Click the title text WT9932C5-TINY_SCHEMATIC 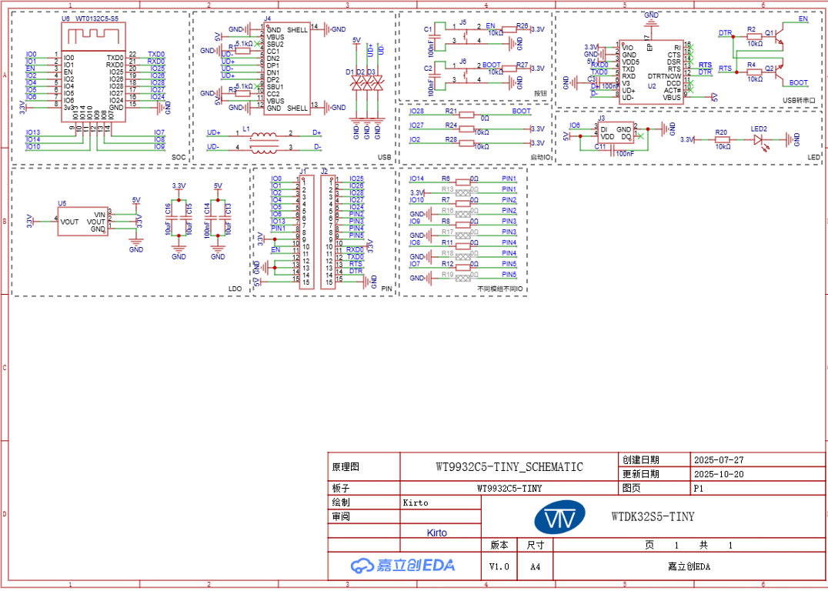[509, 467]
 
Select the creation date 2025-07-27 [719, 459]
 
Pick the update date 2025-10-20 [719, 474]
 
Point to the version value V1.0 [499, 566]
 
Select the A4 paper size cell [536, 566]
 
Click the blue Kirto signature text [436, 533]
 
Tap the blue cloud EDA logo [402, 566]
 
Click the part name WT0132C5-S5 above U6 [96, 18]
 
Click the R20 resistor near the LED [722, 139]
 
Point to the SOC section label [179, 157]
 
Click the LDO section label [235, 289]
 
